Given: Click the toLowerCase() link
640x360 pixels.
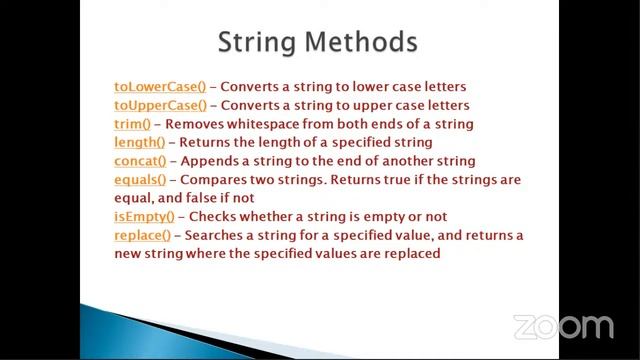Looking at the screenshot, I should [160, 87].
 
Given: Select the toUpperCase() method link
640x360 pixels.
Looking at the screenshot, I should [160, 105].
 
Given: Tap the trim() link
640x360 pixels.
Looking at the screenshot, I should [132, 124].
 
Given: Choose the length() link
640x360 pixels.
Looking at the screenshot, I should [139, 142].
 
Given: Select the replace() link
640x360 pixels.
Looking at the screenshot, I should [144, 236].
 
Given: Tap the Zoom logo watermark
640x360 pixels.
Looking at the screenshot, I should [562, 326].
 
